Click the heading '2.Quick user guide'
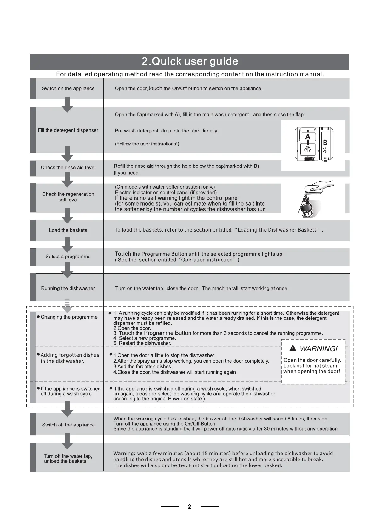190,61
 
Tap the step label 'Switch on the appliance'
68,88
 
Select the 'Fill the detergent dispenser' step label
68,130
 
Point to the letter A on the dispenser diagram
308,137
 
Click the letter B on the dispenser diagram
325,143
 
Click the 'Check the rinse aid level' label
68,167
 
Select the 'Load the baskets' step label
68,230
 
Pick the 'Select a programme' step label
68,257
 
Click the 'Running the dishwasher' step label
68,288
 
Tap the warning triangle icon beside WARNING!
293,348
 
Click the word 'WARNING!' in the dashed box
318,349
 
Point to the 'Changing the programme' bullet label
69,317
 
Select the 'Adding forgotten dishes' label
70,355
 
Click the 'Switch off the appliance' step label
68,425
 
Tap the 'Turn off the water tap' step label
68,456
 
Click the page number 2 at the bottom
190,506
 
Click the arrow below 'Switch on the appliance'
67,104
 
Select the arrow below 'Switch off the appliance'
67,441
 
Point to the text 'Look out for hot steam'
310,366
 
